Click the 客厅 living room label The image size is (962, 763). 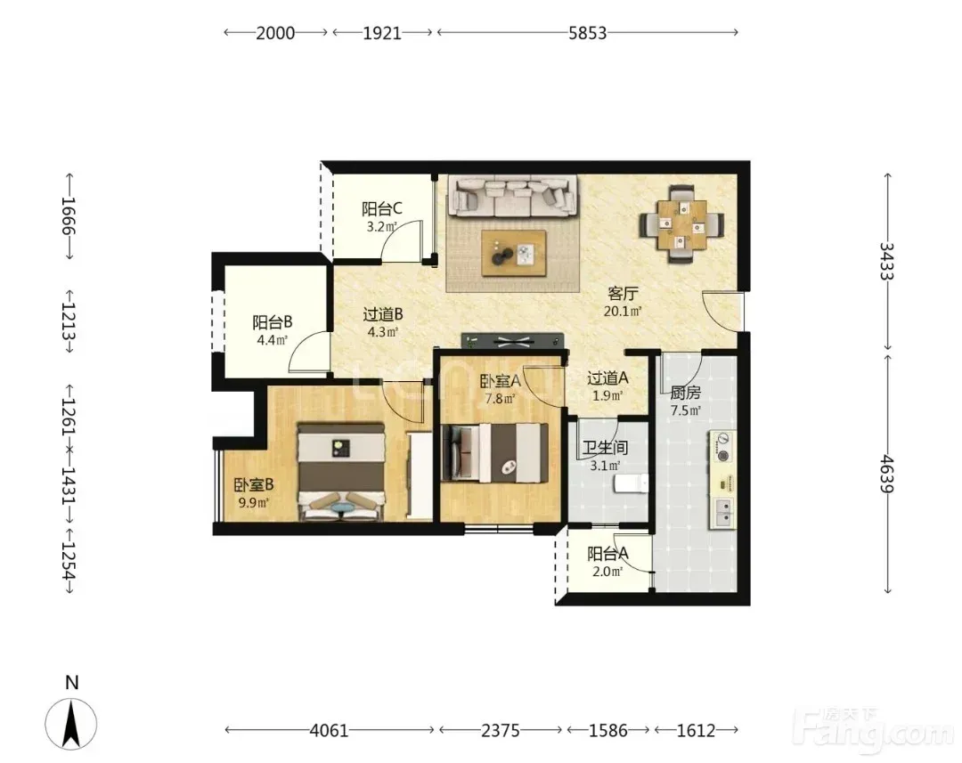[x=622, y=294]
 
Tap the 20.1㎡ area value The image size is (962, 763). [x=623, y=311]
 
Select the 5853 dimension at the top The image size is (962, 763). [x=587, y=33]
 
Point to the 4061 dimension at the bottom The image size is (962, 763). [x=329, y=730]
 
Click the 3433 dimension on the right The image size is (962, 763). [x=887, y=261]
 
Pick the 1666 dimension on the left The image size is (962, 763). [x=68, y=215]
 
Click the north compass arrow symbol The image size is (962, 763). [x=71, y=723]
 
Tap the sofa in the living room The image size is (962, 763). [x=513, y=196]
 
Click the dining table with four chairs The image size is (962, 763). [x=681, y=223]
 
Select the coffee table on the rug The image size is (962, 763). [x=514, y=253]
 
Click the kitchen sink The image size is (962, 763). [x=723, y=513]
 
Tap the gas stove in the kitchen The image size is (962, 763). [x=723, y=447]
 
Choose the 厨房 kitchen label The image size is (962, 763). [x=685, y=393]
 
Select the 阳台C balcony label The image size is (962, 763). [x=381, y=209]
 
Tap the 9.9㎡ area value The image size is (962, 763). [x=253, y=504]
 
